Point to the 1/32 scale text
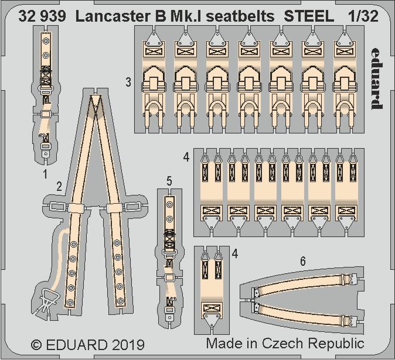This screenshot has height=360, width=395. tap(363, 16)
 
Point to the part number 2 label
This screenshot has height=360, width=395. tap(60, 187)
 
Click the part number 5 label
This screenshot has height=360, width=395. tap(169, 182)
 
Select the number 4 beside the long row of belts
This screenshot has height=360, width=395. tap(186, 157)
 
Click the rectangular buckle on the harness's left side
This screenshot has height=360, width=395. tap(57, 206)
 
